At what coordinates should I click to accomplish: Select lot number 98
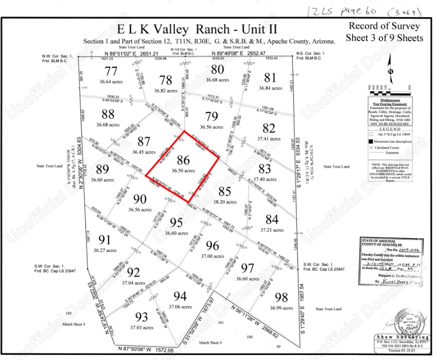click(x=281, y=297)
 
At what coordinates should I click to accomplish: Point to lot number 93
click(x=142, y=317)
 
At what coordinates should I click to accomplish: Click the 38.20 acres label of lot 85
click(x=224, y=201)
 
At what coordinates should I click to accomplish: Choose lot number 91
click(x=105, y=239)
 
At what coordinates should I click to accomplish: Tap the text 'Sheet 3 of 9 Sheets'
click(x=384, y=38)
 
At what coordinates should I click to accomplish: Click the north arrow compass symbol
click(x=389, y=68)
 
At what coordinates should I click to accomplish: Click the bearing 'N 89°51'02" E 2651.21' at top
click(x=132, y=54)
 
